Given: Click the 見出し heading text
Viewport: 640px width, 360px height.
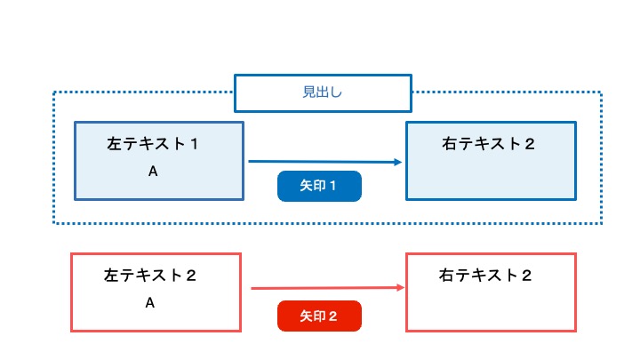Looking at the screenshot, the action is [x=322, y=92].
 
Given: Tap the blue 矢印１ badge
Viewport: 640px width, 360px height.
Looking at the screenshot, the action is [x=319, y=186].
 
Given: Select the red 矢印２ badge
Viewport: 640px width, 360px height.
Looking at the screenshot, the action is [x=319, y=316].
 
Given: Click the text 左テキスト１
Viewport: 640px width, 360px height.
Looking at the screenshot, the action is [x=153, y=144].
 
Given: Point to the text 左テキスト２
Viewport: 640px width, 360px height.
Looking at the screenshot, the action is [x=150, y=276].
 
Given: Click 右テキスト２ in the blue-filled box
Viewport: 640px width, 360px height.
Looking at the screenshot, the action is [x=488, y=144].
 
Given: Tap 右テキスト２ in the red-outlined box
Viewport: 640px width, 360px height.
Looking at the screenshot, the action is [x=485, y=276].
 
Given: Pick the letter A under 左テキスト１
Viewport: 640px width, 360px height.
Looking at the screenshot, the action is [x=153, y=172].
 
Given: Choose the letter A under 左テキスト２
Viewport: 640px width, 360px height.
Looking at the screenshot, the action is [x=150, y=303].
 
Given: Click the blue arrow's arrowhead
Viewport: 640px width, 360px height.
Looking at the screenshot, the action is [x=397, y=162].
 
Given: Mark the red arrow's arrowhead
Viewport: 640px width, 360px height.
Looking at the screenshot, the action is [x=400, y=288].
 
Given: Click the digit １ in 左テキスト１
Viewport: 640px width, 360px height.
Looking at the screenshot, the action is [x=195, y=144].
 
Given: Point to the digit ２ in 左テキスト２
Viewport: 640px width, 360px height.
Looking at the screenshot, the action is [x=191, y=276].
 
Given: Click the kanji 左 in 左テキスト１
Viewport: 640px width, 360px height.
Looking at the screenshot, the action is [x=114, y=144].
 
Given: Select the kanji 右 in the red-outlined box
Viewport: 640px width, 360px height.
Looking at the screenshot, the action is [x=446, y=276].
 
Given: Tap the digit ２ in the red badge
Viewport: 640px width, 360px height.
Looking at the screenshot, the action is [x=332, y=316].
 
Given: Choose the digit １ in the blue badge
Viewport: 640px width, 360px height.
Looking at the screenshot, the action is [x=332, y=186].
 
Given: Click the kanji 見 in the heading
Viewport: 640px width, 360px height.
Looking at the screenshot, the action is [x=309, y=92].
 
